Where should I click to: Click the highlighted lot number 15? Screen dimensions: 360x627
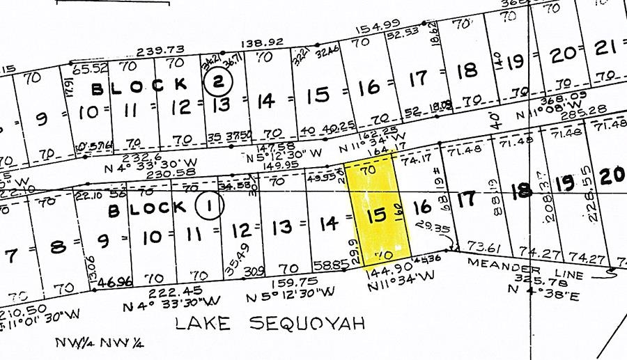click(376, 215)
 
